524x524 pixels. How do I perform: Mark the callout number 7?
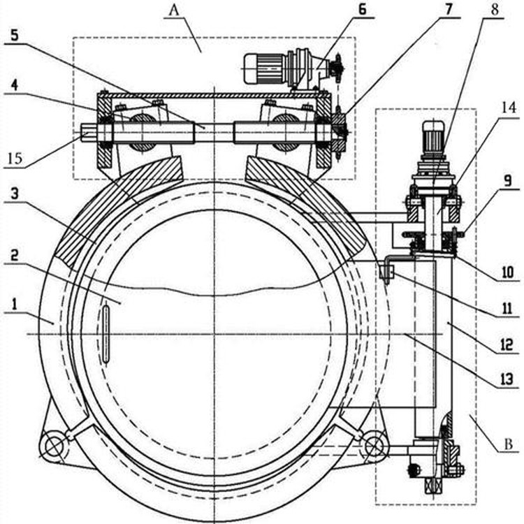(x=448, y=9)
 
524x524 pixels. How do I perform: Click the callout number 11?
(x=504, y=305)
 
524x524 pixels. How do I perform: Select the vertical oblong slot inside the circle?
(x=105, y=333)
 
